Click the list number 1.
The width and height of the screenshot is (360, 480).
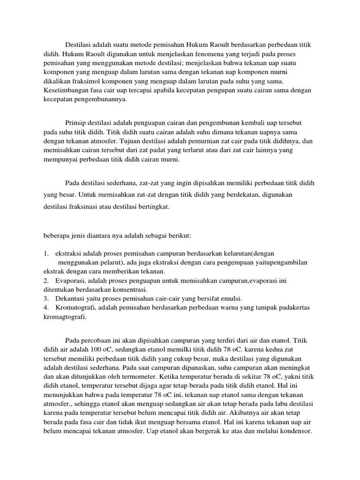[46, 253]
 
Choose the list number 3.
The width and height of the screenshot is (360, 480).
[46, 299]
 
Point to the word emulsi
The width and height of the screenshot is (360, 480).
[230, 299]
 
